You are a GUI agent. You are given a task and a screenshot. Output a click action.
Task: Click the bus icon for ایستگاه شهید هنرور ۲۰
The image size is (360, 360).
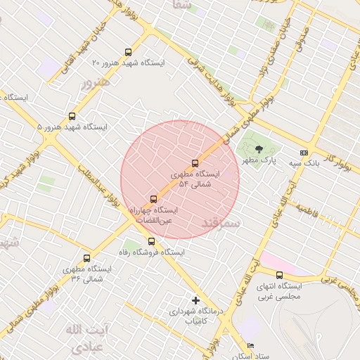point(127,51)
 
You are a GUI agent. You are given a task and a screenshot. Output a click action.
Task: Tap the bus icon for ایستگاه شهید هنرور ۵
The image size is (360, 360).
point(72,117)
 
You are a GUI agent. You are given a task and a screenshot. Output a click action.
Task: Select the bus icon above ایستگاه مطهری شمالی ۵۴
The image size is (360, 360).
point(195,163)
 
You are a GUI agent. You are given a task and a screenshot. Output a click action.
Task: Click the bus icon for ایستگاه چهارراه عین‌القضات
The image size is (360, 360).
point(154,199)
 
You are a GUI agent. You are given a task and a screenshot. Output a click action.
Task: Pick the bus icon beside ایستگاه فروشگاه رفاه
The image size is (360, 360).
point(151,241)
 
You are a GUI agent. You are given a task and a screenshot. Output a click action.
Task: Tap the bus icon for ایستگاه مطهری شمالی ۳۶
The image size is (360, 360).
point(87,258)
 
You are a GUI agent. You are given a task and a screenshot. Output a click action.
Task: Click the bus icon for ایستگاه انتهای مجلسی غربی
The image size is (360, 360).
point(280,276)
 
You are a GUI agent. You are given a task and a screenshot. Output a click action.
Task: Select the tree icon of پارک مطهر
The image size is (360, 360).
point(259,148)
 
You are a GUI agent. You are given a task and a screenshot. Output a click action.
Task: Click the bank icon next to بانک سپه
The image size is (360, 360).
point(304,153)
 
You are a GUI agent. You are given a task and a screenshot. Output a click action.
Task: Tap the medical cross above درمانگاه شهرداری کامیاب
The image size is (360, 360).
point(195,300)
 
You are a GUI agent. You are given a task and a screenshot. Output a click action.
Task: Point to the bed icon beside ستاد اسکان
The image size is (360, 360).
point(251,346)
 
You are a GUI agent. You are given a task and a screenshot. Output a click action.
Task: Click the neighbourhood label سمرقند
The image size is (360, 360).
point(221,224)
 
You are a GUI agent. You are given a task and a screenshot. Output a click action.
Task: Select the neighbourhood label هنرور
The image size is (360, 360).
point(96,84)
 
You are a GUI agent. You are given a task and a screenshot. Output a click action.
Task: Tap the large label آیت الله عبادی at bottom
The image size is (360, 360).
point(84,337)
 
